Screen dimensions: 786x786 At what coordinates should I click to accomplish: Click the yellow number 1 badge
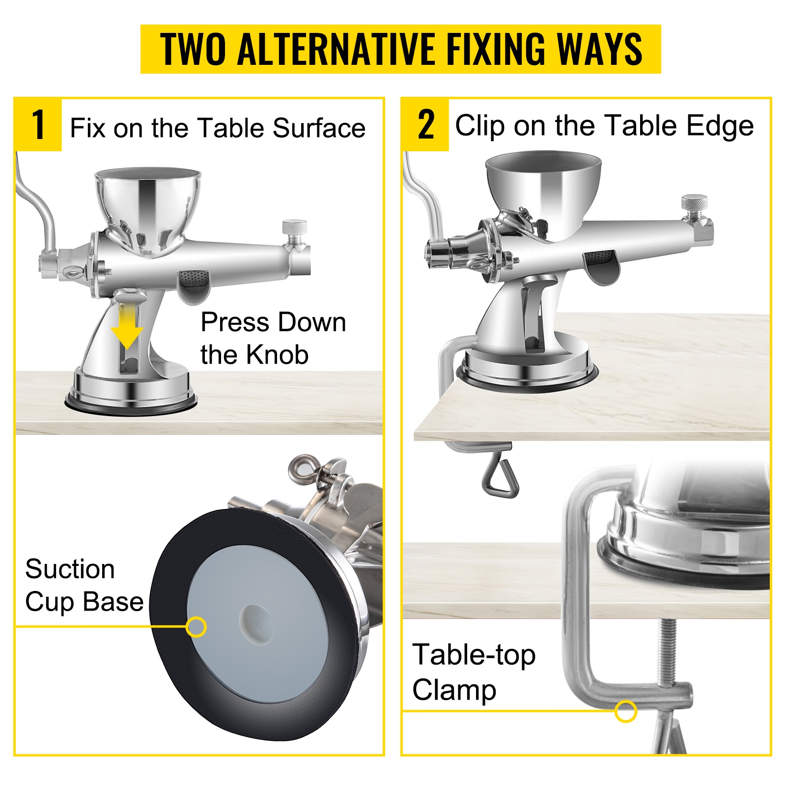(x=38, y=125)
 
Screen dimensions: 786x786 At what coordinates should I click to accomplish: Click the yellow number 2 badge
(x=425, y=125)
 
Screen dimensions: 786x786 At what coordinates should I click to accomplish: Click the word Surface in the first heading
(x=319, y=128)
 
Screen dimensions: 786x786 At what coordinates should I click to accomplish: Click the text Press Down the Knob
(x=273, y=338)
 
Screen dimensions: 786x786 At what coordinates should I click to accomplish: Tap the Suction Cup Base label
(x=84, y=586)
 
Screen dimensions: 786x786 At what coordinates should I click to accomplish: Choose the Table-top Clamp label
(x=474, y=672)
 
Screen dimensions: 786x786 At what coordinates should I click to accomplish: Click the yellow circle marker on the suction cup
(x=196, y=627)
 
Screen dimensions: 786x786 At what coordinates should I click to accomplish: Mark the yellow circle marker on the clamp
(x=626, y=711)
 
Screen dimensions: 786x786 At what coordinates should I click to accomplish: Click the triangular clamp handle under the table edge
(x=500, y=475)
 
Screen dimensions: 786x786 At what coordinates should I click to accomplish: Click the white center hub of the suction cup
(x=256, y=623)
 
